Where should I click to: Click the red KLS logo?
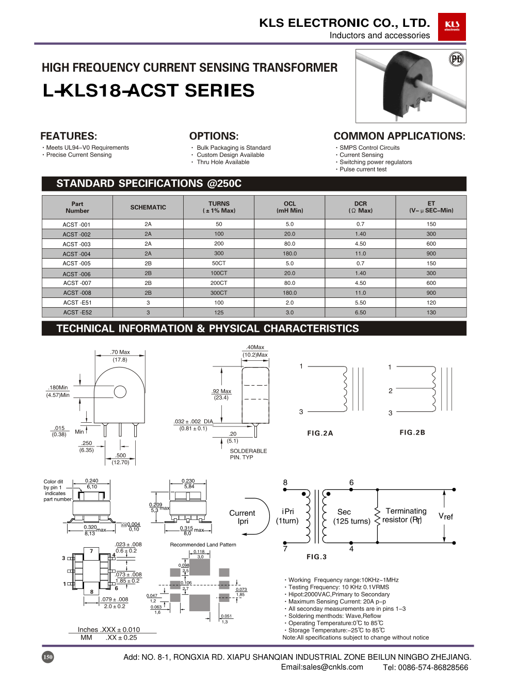tap(451, 26)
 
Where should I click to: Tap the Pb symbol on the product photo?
tap(456, 59)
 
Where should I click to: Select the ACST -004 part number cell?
tap(77, 254)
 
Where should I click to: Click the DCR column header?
tap(360, 207)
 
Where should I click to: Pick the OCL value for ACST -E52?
tap(289, 313)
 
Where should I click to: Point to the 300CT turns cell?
tap(219, 293)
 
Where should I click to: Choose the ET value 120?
tap(431, 303)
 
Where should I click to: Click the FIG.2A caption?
tap(320, 434)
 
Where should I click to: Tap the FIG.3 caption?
tap(316, 557)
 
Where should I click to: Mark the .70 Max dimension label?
tap(120, 353)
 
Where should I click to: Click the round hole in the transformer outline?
tap(120, 392)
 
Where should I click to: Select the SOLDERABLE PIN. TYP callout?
tap(248, 454)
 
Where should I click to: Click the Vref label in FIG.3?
tap(446, 516)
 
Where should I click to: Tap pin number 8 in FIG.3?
tap(285, 483)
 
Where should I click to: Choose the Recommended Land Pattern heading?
tap(203, 545)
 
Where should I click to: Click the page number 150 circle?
tap(47, 657)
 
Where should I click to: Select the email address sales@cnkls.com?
tap(322, 667)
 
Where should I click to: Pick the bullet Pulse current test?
tap(363, 169)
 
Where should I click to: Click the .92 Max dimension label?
tap(221, 391)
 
